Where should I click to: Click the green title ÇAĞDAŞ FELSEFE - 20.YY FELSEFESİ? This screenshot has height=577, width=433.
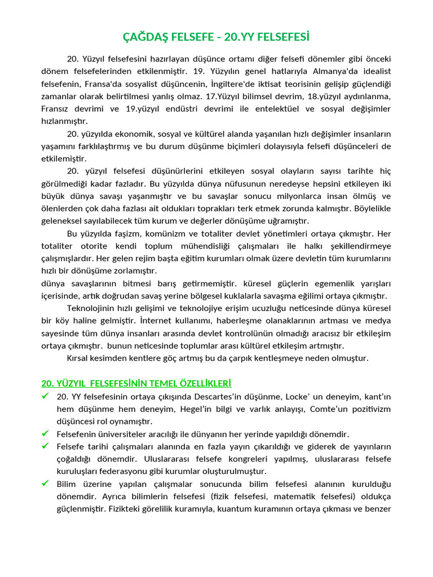coord(216,37)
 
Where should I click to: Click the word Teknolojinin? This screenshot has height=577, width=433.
coord(90,308)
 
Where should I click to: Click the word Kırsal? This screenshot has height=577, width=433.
coord(79,358)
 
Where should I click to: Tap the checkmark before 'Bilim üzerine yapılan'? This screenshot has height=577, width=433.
coord(46,483)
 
